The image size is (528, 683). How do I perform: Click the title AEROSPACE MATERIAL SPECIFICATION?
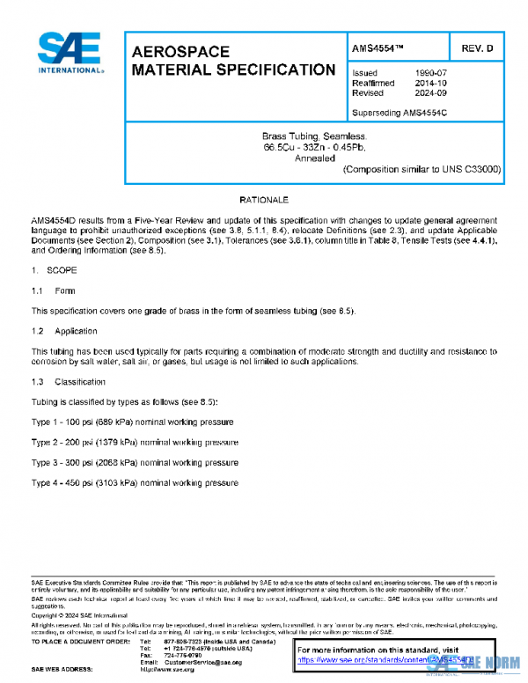pyautogui.click(x=232, y=61)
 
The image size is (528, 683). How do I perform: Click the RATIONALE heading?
pyautogui.click(x=264, y=202)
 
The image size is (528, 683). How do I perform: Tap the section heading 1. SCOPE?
pyautogui.click(x=55, y=272)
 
